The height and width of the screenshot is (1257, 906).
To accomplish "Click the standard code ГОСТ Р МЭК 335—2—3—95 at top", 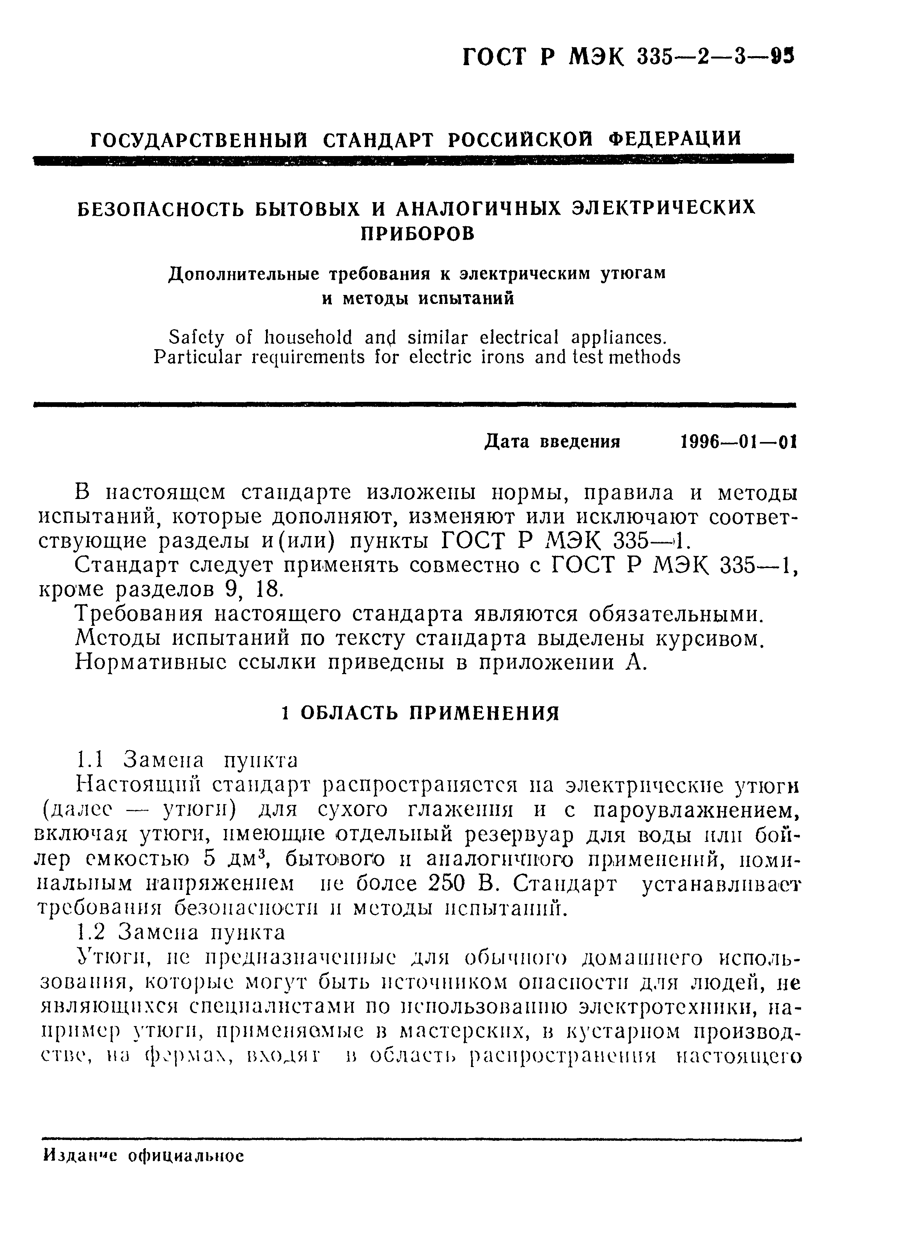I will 628,57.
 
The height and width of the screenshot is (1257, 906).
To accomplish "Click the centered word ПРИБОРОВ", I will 418,234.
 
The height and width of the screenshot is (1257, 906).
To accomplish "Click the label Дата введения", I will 553,442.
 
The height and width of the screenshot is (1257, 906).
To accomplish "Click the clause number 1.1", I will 89,759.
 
